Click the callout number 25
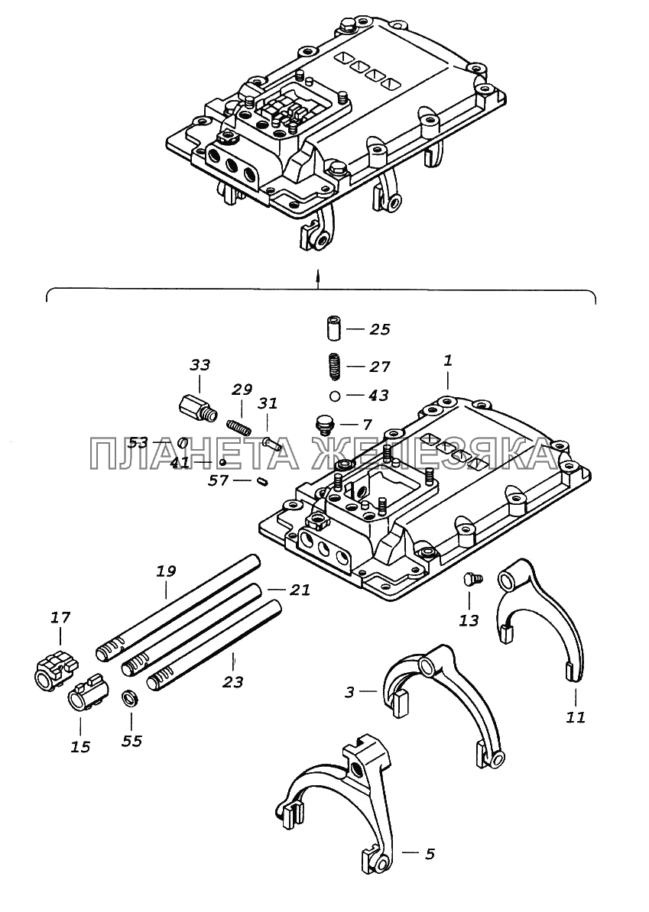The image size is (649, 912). (379, 329)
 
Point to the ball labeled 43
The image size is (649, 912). (335, 396)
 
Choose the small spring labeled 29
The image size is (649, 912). (238, 426)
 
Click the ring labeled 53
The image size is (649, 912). (182, 443)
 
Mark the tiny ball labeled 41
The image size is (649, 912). (223, 462)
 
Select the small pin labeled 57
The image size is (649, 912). (262, 480)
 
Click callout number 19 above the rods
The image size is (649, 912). (165, 571)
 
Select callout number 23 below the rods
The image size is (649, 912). (232, 681)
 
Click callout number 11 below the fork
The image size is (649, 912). (576, 717)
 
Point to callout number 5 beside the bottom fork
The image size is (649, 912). (430, 854)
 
